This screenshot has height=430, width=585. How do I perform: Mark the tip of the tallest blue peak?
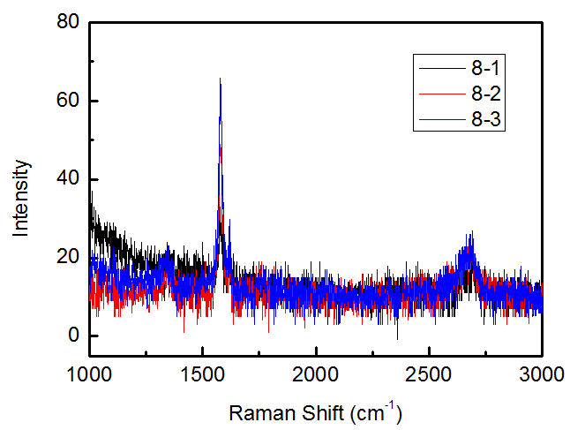coord(220,79)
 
